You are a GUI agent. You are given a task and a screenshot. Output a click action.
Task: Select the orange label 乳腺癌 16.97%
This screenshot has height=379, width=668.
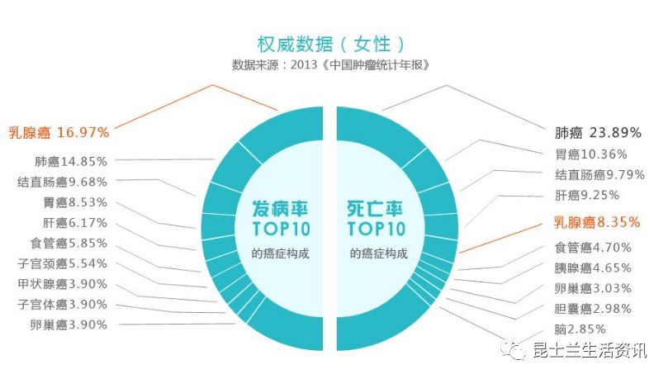[x=59, y=131]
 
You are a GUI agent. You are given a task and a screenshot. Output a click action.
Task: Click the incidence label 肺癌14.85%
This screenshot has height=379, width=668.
[x=71, y=161]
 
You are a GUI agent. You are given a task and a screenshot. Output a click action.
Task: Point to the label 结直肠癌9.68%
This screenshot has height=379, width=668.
[x=62, y=182]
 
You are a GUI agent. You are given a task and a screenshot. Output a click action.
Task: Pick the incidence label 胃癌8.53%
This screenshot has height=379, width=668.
[x=75, y=202]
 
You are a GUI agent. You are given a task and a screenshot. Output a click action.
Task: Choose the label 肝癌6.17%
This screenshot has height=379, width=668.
[x=75, y=223]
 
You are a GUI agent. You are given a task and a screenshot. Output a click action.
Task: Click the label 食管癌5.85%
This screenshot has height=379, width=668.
[x=69, y=244]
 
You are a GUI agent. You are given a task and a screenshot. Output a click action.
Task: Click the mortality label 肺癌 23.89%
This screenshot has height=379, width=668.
[x=599, y=132]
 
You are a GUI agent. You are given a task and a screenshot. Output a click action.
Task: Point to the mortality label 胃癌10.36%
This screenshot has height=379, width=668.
[x=591, y=154]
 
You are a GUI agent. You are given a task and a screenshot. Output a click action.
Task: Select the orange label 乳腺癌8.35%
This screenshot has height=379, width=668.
[x=596, y=222]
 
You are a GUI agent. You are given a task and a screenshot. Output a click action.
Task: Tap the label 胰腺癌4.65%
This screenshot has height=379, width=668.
[x=593, y=268]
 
